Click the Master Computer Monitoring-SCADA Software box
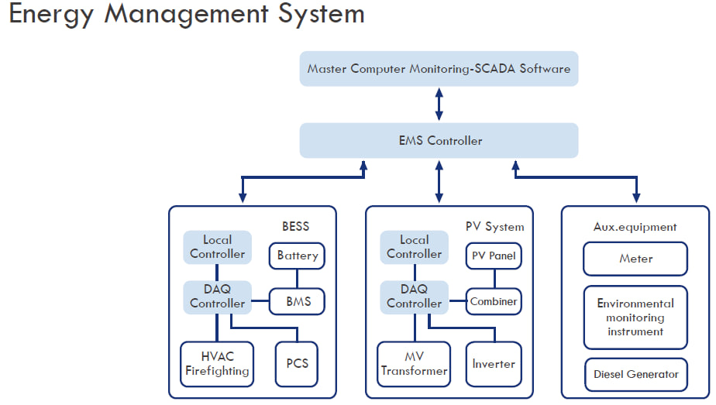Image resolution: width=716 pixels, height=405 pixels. click(x=439, y=68)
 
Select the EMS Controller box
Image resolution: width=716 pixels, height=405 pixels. click(x=439, y=140)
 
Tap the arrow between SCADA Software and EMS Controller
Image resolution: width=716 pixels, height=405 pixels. click(x=439, y=105)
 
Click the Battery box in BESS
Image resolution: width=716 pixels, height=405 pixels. click(x=297, y=256)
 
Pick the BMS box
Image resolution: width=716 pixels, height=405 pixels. click(x=297, y=301)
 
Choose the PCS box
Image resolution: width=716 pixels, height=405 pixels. click(x=297, y=364)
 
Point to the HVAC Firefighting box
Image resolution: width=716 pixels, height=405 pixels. click(x=217, y=364)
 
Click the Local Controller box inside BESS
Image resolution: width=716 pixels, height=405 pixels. click(x=217, y=247)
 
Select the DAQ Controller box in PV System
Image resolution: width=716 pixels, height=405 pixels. click(x=414, y=297)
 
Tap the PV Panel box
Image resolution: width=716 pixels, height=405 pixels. click(x=494, y=256)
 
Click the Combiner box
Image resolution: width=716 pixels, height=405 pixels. click(x=494, y=301)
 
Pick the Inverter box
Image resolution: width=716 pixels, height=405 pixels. click(x=494, y=364)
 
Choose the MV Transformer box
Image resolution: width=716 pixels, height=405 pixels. click(x=414, y=364)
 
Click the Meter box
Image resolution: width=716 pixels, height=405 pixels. click(x=635, y=259)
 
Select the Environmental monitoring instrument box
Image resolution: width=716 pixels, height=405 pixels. click(x=635, y=317)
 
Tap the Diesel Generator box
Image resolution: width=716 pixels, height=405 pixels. click(x=635, y=375)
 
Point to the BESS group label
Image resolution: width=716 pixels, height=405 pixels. click(x=295, y=226)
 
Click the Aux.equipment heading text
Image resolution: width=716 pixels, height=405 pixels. click(x=635, y=227)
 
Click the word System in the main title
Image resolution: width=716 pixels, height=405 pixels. click(x=322, y=14)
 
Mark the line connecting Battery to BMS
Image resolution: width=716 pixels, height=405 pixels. click(x=297, y=278)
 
